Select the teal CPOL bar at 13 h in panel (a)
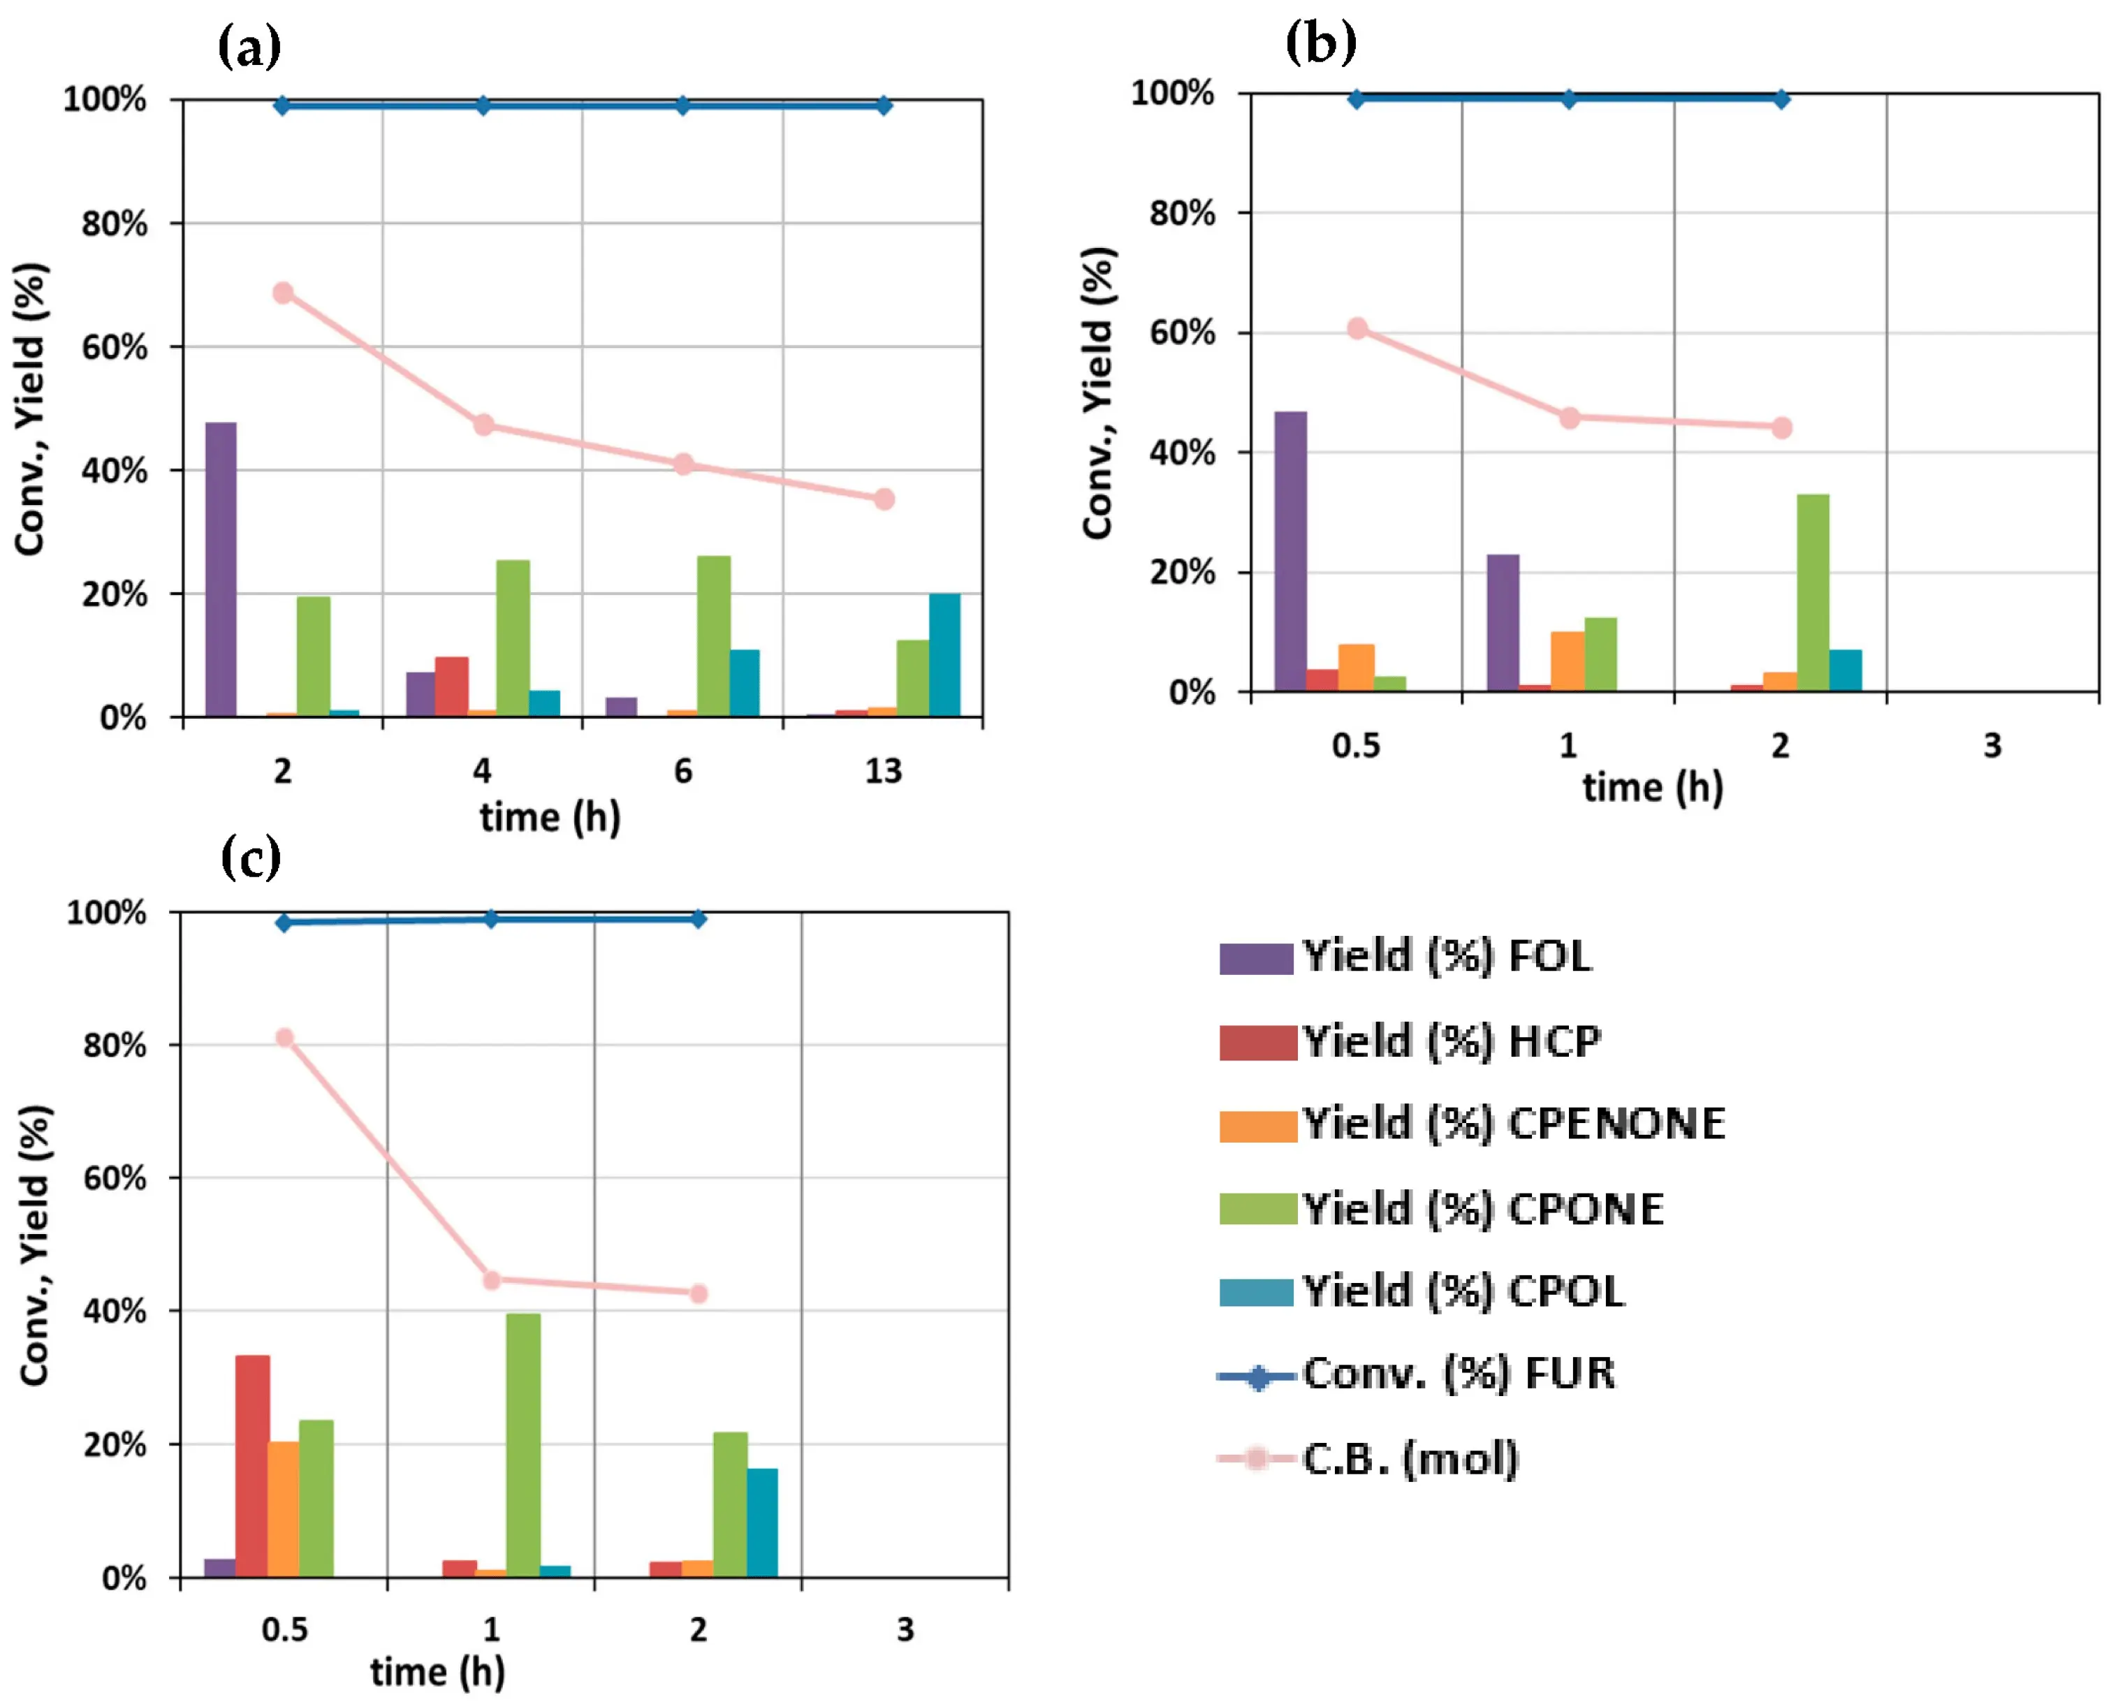pyautogui.click(x=944, y=655)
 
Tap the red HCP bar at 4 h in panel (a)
pyautogui.click(x=451, y=687)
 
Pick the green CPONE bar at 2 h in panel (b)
pyautogui.click(x=1812, y=593)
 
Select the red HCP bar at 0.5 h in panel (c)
pyautogui.click(x=252, y=1466)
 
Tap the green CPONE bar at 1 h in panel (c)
pyautogui.click(x=523, y=1444)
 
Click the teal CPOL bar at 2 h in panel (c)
pyautogui.click(x=762, y=1522)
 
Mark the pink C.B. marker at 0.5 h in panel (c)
pyautogui.click(x=284, y=1037)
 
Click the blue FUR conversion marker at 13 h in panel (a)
pyautogui.click(x=884, y=105)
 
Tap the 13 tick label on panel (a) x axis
pyautogui.click(x=882, y=770)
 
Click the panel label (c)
pyautogui.click(x=251, y=858)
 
